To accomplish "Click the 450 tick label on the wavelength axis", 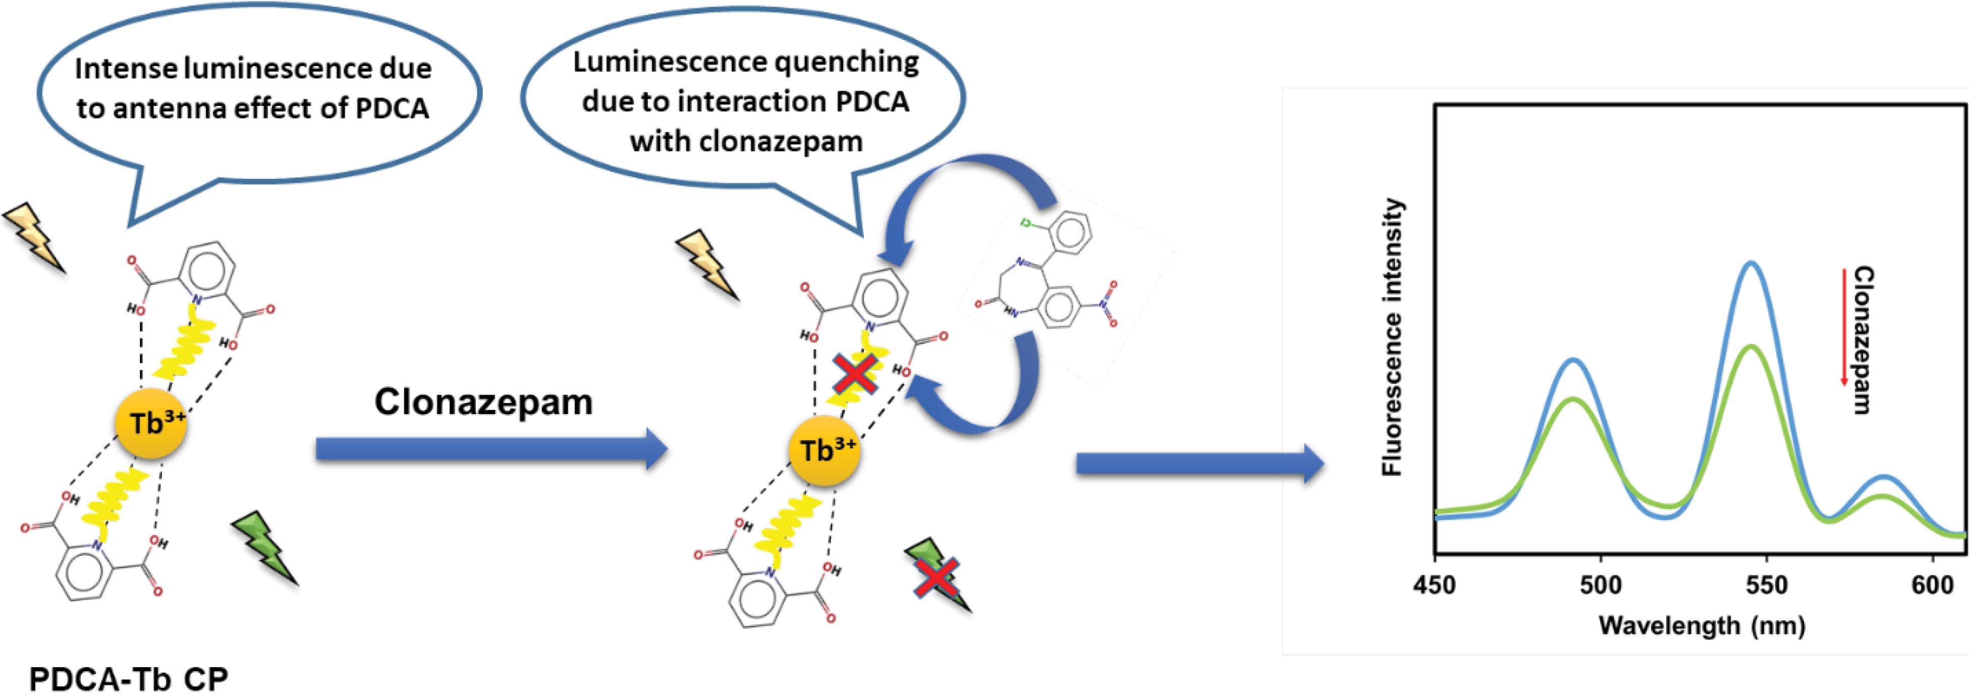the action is pos(1435,587).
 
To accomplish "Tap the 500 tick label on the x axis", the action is pos(1601,587).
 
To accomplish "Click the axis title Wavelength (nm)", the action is pos(1702,626).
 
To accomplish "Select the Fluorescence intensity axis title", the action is pos(1393,338).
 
